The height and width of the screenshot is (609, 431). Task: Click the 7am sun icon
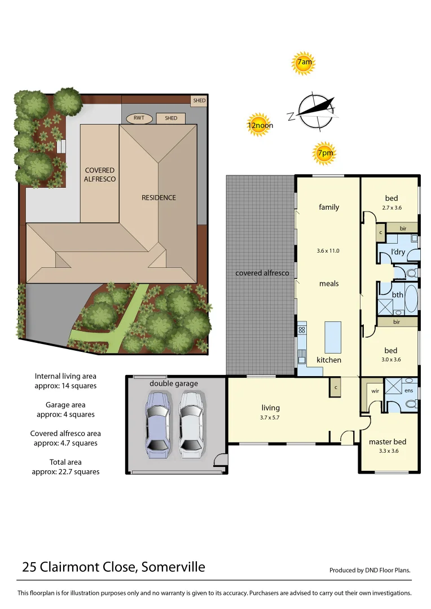click(x=304, y=63)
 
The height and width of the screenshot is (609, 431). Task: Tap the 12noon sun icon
click(x=258, y=125)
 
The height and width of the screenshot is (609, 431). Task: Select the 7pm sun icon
click(x=324, y=153)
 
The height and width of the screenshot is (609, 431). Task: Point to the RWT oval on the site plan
click(x=139, y=118)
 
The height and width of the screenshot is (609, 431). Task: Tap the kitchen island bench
click(x=332, y=337)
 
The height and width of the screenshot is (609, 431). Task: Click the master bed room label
click(x=387, y=442)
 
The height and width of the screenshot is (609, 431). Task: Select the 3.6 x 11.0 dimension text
click(x=328, y=251)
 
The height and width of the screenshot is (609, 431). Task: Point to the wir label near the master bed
click(x=375, y=390)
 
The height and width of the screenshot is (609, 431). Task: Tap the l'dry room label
click(x=398, y=252)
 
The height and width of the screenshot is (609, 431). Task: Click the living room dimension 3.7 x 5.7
click(x=270, y=418)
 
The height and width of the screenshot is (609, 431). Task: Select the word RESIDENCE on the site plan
click(x=159, y=197)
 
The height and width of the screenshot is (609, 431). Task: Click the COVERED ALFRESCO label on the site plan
click(x=100, y=174)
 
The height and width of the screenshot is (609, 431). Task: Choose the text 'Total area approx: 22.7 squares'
click(x=65, y=467)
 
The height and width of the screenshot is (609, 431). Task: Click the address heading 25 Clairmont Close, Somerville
click(x=113, y=567)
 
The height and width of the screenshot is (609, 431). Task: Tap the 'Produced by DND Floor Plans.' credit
click(x=370, y=570)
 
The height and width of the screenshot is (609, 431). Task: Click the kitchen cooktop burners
click(x=302, y=330)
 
